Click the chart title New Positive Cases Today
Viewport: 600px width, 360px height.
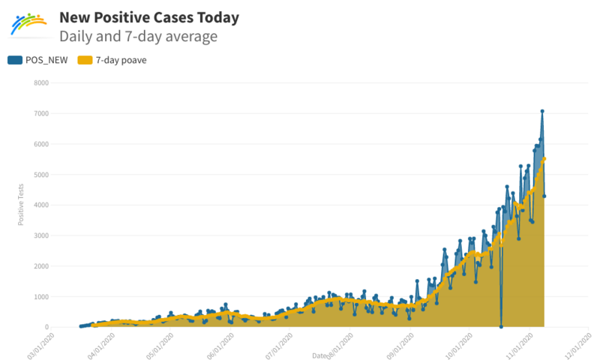[151, 16]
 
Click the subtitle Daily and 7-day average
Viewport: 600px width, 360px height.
[139, 35]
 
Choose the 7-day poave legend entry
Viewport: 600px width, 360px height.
[112, 61]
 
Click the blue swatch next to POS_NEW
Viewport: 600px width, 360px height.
[15, 61]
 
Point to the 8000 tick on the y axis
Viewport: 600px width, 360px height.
[41, 82]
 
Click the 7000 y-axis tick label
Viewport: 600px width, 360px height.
[41, 113]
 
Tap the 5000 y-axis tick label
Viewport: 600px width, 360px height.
[41, 174]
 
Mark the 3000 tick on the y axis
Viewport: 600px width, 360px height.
[41, 235]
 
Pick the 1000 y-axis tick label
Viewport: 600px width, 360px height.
[41, 297]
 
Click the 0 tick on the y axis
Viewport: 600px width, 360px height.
[46, 328]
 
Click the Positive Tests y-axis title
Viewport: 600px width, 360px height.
[21, 205]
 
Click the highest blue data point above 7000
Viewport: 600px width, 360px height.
[542, 111]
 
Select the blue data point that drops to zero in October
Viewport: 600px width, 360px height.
[501, 326]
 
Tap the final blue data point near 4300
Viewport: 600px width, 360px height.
[544, 196]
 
